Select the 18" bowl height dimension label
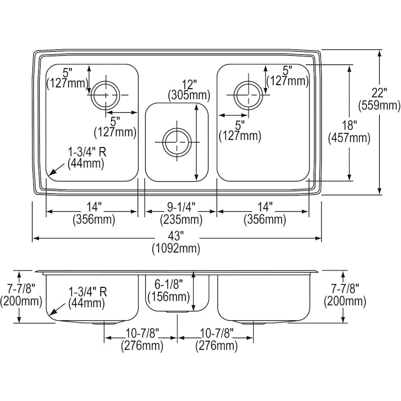(350, 126)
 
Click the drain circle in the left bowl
(106, 95)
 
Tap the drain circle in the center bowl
(176, 142)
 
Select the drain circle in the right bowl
(248, 94)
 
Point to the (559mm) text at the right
(380, 106)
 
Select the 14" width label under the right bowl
(264, 208)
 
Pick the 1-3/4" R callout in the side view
(87, 292)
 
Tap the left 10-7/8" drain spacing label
(142, 334)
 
